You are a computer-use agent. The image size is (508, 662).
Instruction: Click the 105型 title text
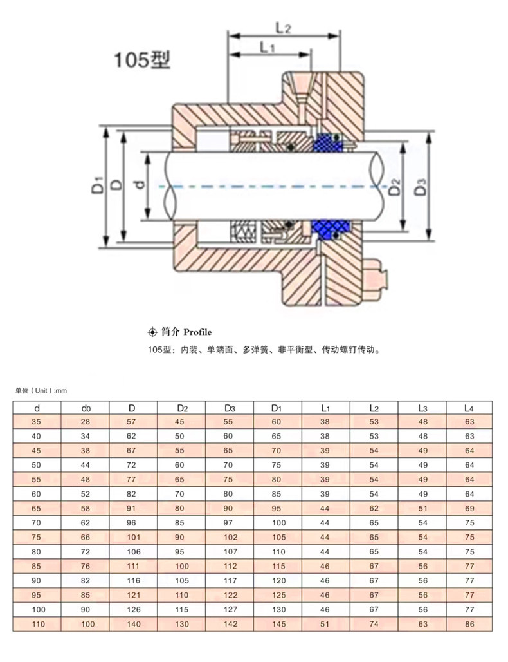pyautogui.click(x=141, y=59)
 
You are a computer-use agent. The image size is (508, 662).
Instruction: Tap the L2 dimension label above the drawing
pyautogui.click(x=283, y=28)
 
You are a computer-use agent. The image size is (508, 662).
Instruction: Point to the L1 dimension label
pyautogui.click(x=266, y=46)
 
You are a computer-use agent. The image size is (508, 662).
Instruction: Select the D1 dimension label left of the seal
pyautogui.click(x=97, y=185)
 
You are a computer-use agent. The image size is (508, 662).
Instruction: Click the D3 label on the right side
pyautogui.click(x=420, y=187)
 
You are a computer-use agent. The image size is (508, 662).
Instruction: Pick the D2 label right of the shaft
pyautogui.click(x=394, y=187)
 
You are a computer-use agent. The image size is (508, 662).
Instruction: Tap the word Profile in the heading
pyautogui.click(x=197, y=332)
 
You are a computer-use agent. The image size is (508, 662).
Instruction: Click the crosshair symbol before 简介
pyautogui.click(x=152, y=332)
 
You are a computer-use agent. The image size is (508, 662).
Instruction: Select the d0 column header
pyautogui.click(x=86, y=408)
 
